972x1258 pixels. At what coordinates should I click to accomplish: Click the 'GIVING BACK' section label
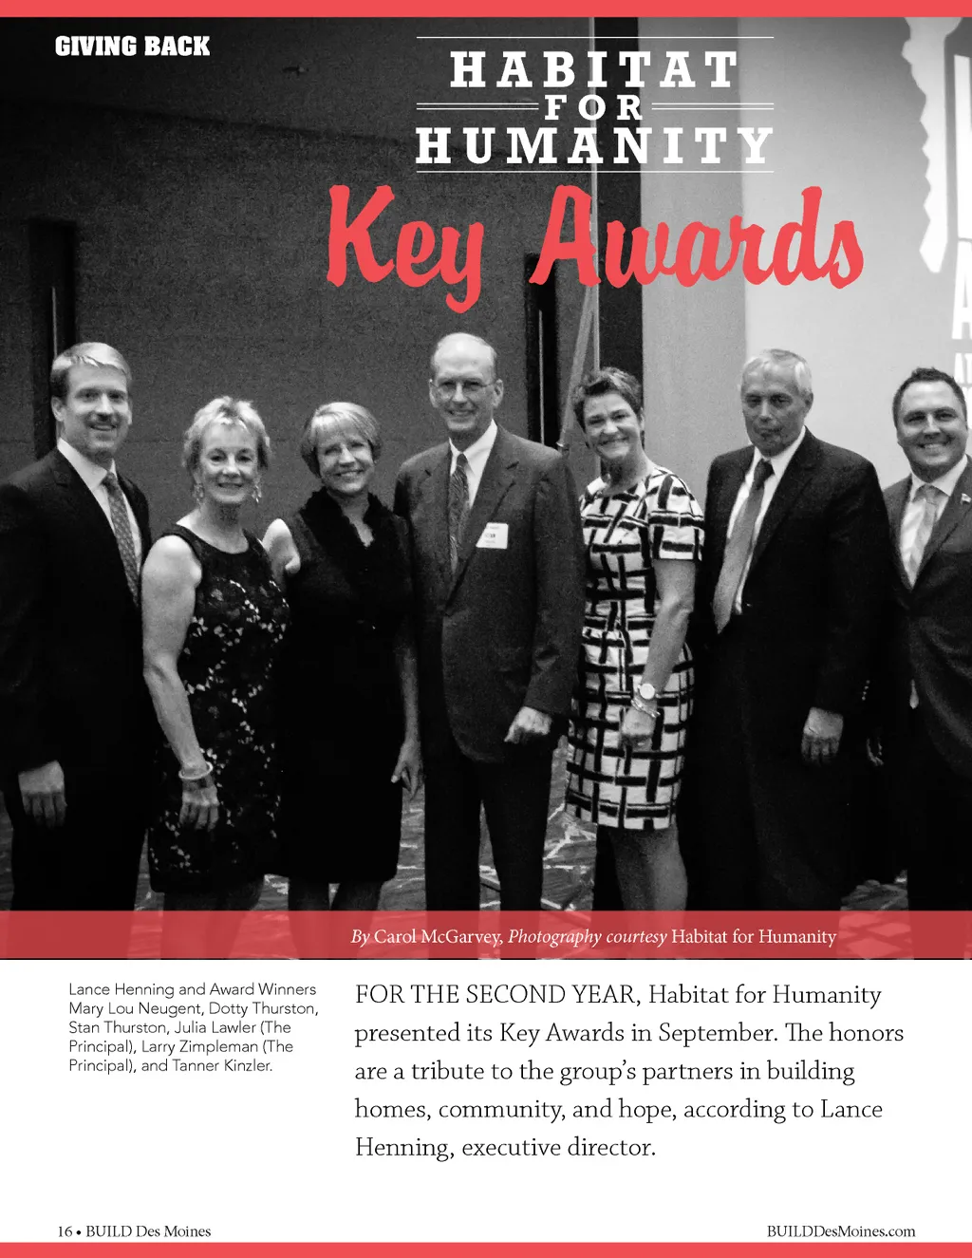click(x=132, y=46)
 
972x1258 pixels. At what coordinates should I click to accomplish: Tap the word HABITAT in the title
click(x=594, y=70)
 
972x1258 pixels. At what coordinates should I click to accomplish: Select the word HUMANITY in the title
click(x=594, y=146)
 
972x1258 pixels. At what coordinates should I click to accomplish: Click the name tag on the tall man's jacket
click(x=493, y=535)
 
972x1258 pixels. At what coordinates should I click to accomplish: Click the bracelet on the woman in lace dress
click(x=196, y=772)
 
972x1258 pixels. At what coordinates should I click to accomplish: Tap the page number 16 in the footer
click(x=65, y=1231)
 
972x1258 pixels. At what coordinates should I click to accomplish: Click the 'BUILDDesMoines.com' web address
click(x=841, y=1231)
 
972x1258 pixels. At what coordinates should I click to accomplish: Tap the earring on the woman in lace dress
click(x=255, y=493)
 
